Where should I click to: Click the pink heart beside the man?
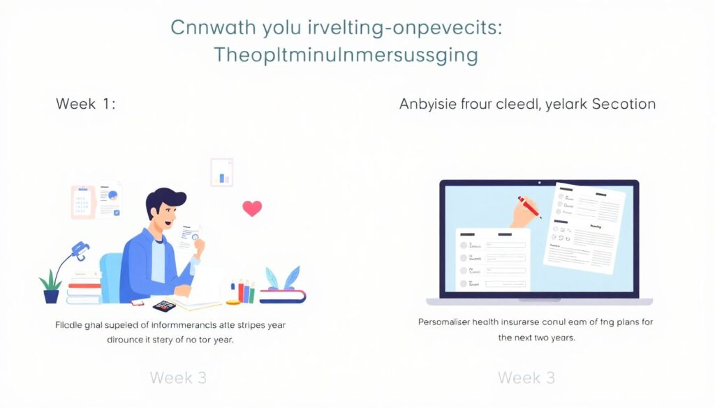point(251,208)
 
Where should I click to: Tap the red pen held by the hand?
point(530,207)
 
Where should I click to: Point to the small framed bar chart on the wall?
point(222,173)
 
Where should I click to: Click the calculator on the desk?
point(165,305)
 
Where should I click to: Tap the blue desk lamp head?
point(81,250)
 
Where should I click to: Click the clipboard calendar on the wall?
point(82,202)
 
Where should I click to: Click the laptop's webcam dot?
point(539,183)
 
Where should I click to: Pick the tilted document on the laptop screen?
point(584,227)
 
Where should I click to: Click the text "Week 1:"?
point(86,105)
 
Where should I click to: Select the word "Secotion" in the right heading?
point(624,105)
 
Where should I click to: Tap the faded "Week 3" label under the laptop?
point(526,378)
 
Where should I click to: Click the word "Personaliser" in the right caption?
point(448,323)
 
